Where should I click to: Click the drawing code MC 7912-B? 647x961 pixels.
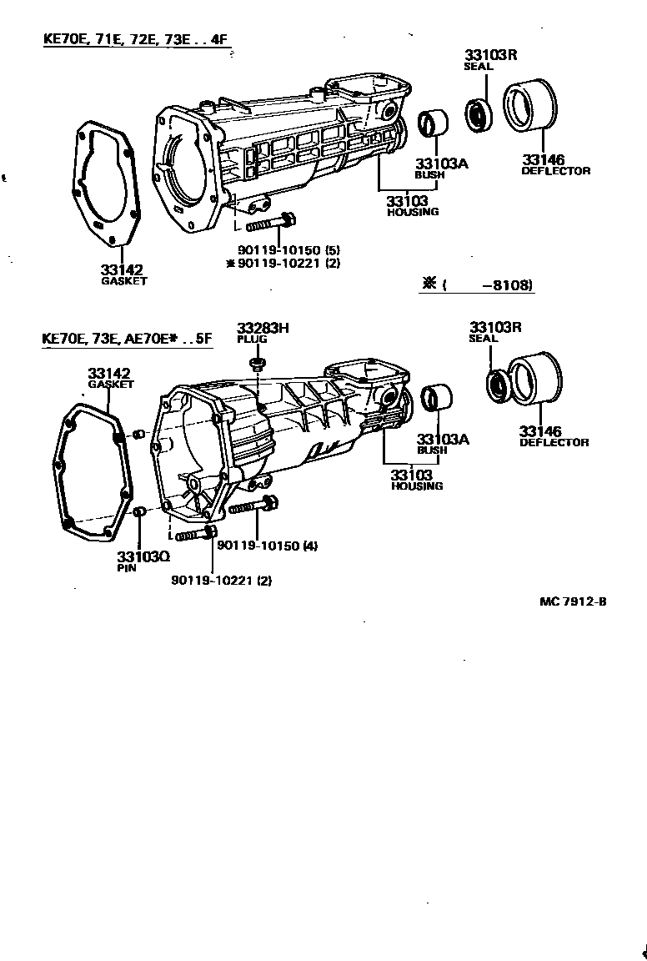(x=573, y=600)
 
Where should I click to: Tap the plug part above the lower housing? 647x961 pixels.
(x=258, y=363)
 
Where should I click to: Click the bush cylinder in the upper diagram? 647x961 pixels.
(x=433, y=123)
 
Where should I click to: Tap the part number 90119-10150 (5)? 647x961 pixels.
(x=288, y=250)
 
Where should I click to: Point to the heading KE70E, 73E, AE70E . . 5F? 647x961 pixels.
(x=128, y=339)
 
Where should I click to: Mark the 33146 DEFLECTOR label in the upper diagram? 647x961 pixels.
(x=555, y=164)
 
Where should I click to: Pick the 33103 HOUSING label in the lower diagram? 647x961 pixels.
(x=415, y=480)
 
